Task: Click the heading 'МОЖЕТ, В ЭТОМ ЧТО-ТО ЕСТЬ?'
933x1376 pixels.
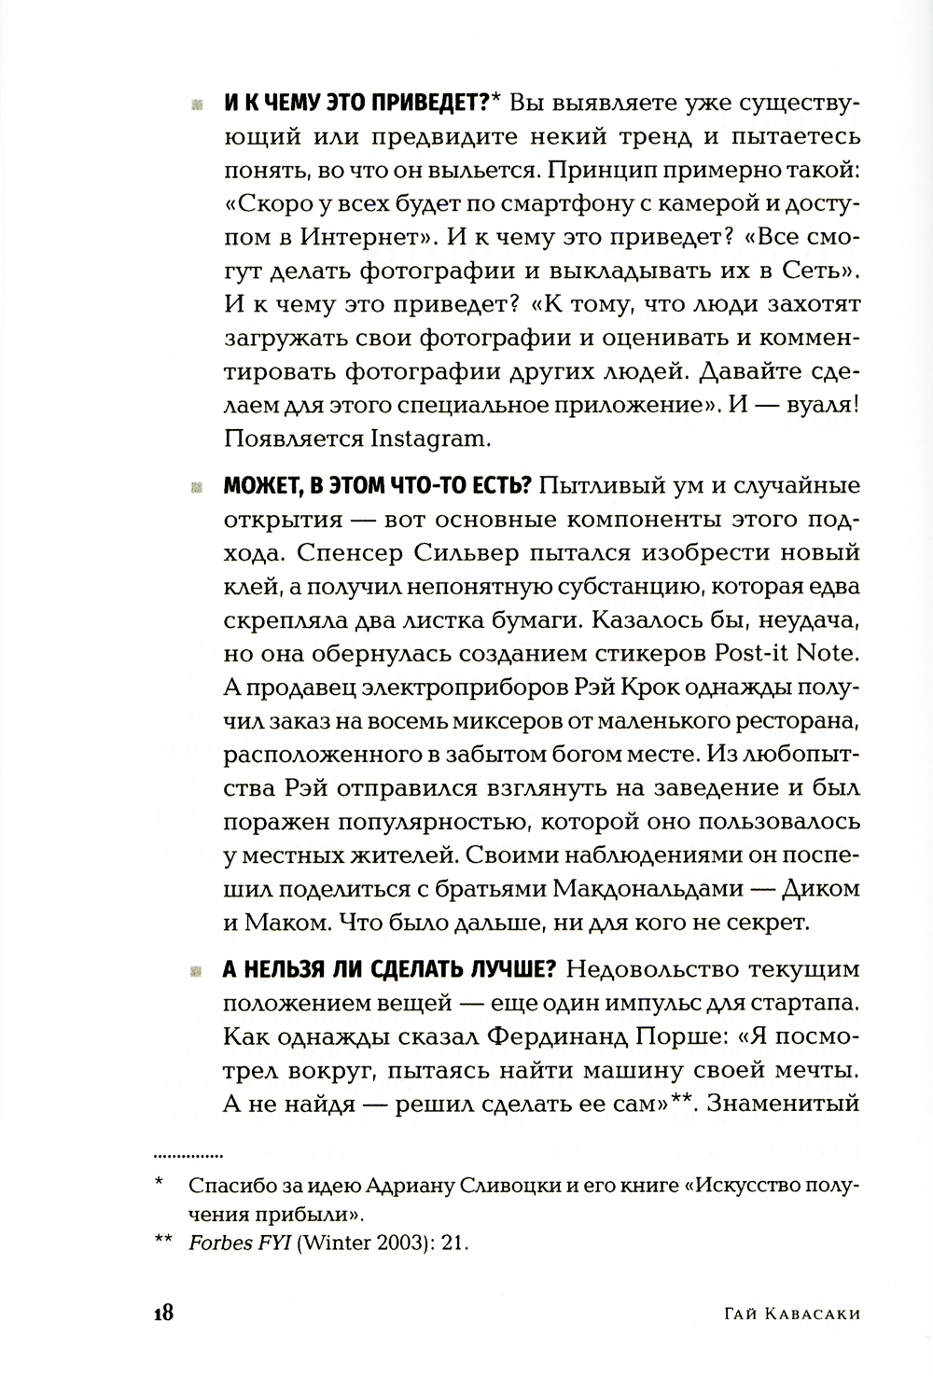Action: [377, 486]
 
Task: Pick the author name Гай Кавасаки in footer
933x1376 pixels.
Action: [791, 1313]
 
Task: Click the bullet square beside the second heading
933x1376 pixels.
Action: [197, 487]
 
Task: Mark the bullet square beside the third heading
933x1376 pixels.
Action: [197, 970]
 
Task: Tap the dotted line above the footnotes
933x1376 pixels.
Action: [188, 1152]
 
